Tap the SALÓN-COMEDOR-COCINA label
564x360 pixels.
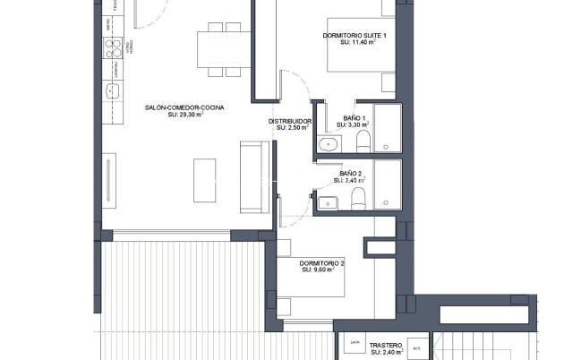184,107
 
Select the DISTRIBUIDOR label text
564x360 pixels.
290,121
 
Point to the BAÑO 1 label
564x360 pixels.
354,118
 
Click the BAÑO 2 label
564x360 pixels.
349,173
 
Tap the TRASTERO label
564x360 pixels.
385,344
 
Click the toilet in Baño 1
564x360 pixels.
363,142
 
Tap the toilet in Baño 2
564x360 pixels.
358,198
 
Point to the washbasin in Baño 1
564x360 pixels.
327,143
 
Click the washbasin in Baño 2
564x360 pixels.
325,199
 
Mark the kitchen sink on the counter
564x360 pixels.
114,90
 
